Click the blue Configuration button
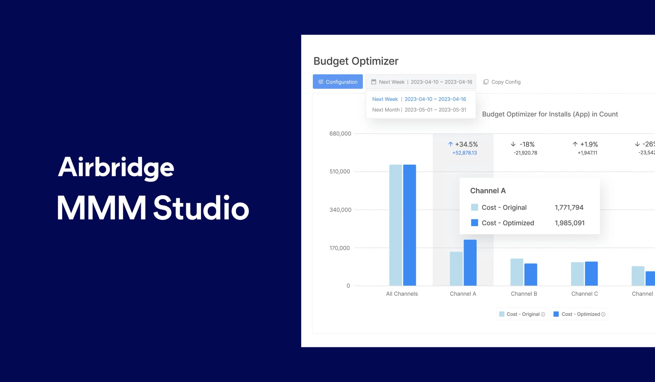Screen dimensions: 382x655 point(337,82)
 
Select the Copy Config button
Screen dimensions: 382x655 point(502,82)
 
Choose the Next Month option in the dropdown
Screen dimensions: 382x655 point(419,110)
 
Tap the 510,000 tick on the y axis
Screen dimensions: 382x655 point(339,172)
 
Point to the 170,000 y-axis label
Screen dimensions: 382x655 point(339,248)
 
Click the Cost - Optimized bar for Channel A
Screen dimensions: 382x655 point(470,263)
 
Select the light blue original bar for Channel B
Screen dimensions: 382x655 point(516,272)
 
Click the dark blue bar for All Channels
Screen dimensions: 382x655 point(409,225)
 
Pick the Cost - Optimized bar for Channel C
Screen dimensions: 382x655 point(591,274)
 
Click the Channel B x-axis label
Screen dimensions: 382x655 point(524,294)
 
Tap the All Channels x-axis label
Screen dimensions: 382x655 point(402,294)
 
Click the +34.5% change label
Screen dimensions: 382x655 point(463,144)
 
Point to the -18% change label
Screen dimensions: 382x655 point(523,144)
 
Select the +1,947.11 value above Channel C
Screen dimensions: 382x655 point(587,153)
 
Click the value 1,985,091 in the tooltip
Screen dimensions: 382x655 point(569,223)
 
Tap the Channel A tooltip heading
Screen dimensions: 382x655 point(488,191)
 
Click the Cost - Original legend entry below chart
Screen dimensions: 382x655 point(522,314)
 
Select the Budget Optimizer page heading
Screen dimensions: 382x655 point(356,61)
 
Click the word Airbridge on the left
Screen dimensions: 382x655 point(116,167)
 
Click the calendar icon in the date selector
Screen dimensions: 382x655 point(374,82)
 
